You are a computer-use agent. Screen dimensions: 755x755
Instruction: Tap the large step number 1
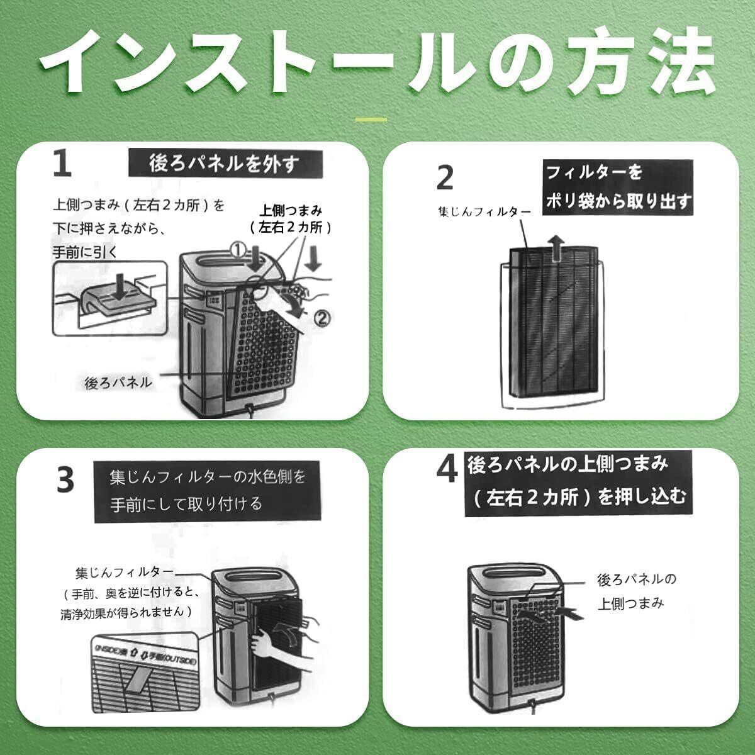pyautogui.click(x=62, y=164)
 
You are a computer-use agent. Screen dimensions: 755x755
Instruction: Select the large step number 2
pyautogui.click(x=445, y=177)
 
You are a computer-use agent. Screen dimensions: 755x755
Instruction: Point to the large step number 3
pyautogui.click(x=65, y=480)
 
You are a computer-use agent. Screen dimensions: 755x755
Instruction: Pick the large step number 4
pyautogui.click(x=447, y=471)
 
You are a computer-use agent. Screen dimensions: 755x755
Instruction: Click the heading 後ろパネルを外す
pyautogui.click(x=224, y=164)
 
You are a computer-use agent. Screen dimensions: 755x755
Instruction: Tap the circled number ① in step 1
pyautogui.click(x=237, y=250)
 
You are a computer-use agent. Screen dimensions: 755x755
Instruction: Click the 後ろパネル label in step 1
pyautogui.click(x=118, y=382)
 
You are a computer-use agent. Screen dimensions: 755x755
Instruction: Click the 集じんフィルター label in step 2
pyautogui.click(x=484, y=212)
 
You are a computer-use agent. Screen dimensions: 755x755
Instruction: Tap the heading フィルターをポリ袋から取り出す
pyautogui.click(x=618, y=187)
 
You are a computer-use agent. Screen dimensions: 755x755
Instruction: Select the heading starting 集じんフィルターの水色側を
pyautogui.click(x=208, y=491)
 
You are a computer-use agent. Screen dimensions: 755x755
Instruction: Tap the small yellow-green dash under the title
pyautogui.click(x=371, y=118)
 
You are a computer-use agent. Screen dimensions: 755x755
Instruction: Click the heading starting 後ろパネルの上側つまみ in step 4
pyautogui.click(x=576, y=481)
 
